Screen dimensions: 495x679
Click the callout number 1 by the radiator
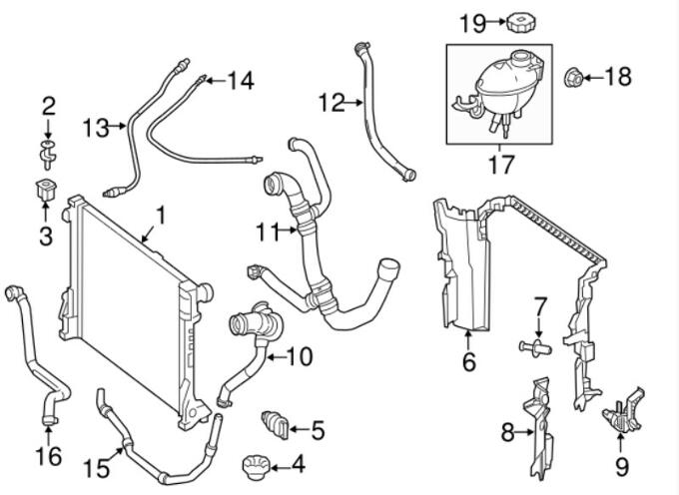click(159, 215)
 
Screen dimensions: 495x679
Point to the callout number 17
click(501, 165)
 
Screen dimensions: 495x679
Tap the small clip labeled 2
click(47, 151)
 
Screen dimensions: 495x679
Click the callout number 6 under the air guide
click(469, 361)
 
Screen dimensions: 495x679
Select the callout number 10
click(299, 354)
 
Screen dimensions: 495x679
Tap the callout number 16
click(47, 456)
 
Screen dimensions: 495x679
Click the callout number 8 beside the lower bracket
click(507, 431)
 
